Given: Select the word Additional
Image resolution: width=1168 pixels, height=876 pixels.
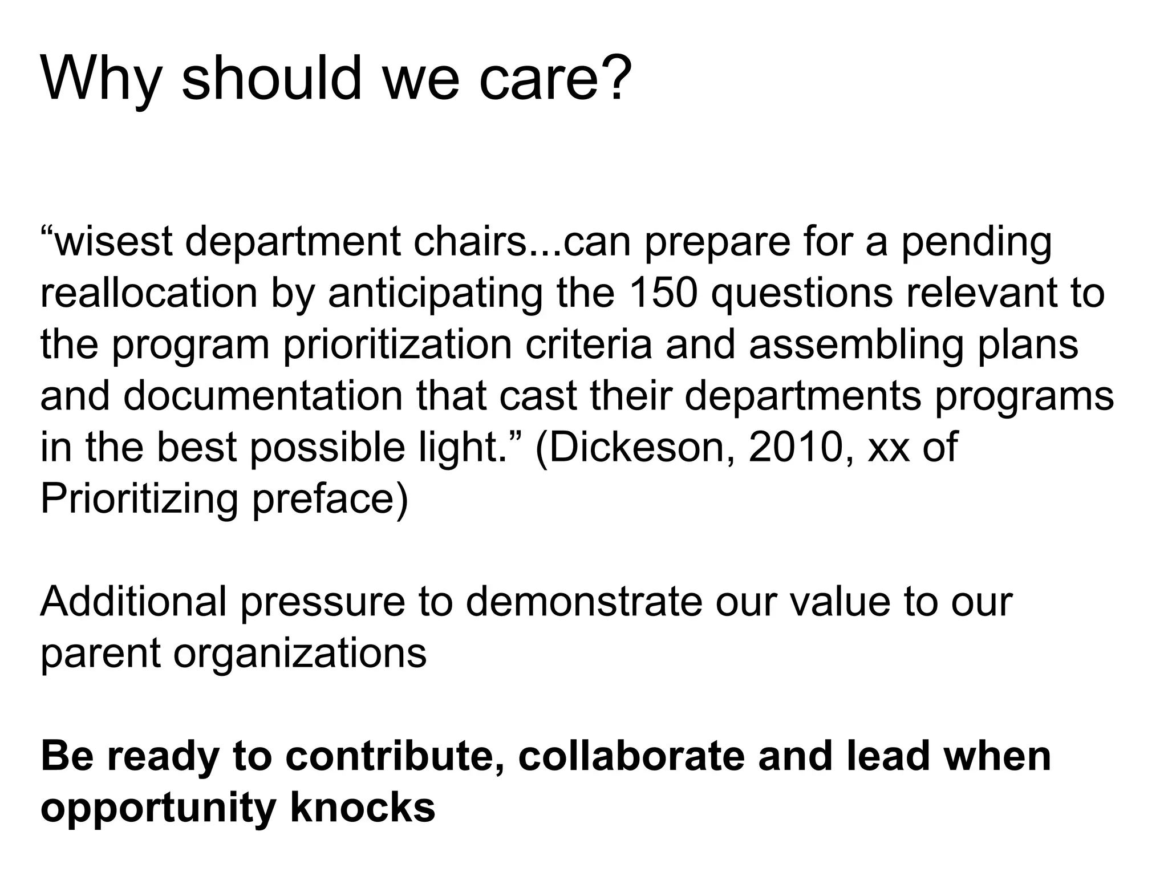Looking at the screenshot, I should [x=133, y=601].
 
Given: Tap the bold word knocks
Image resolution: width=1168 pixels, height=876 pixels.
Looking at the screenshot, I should [x=363, y=807].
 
